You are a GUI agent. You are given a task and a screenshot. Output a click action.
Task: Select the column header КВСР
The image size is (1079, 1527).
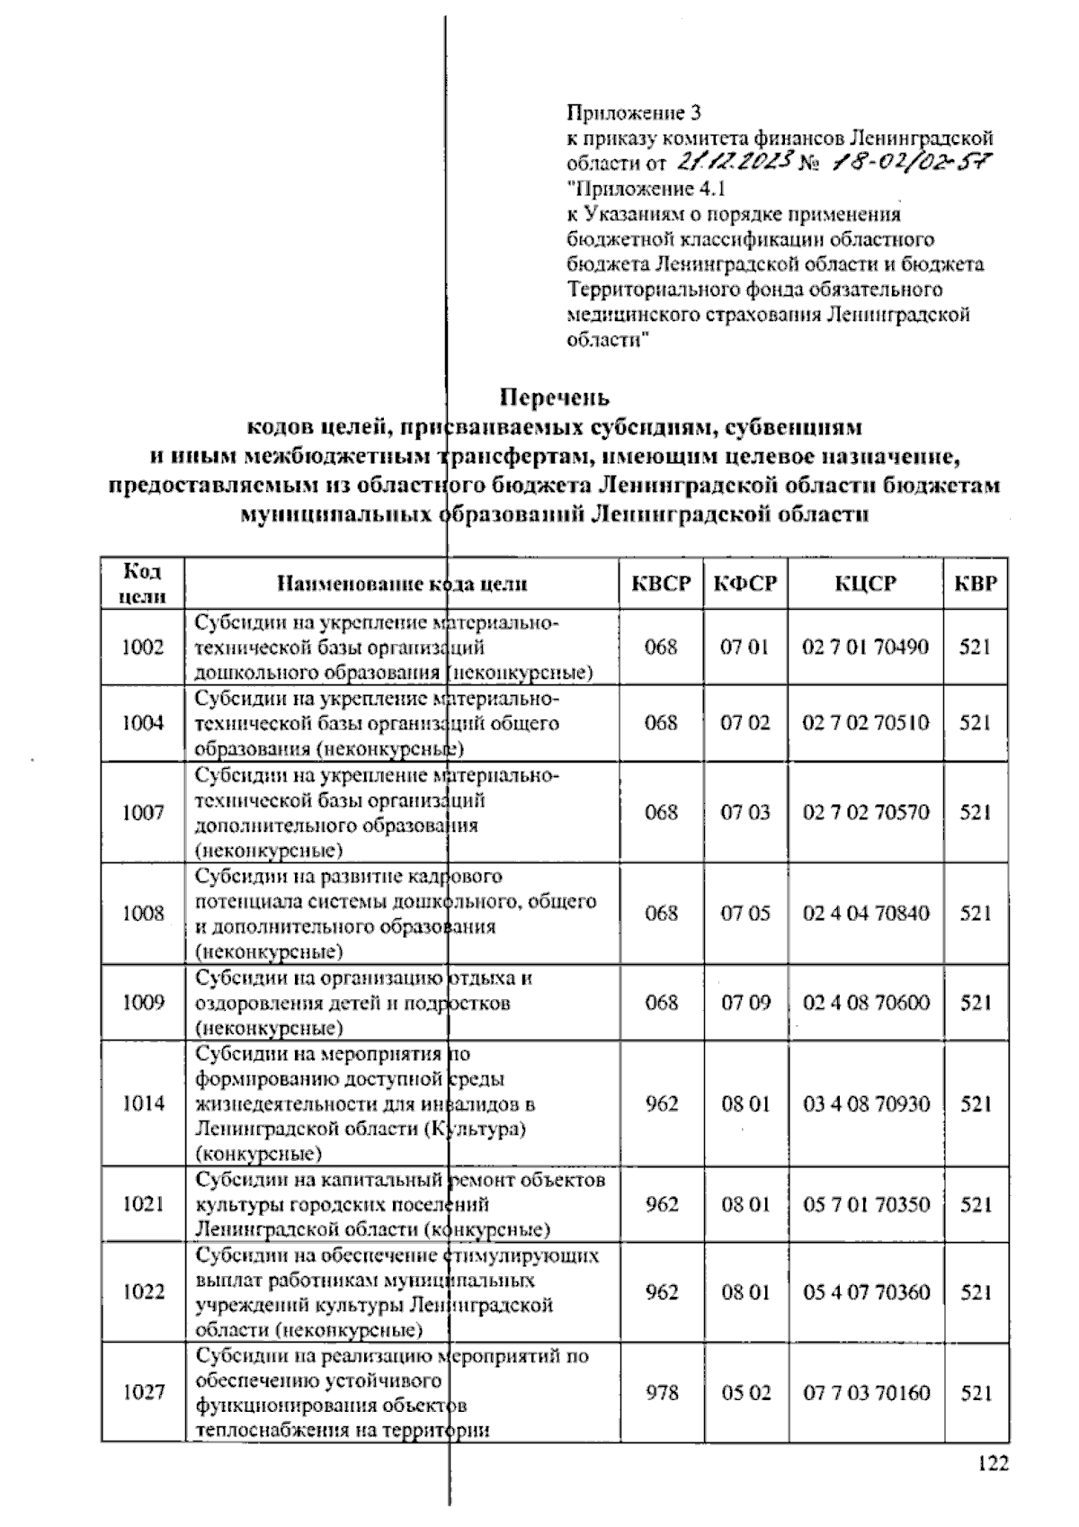coord(661,584)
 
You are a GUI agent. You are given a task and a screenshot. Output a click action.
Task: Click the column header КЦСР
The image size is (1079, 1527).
coord(866,584)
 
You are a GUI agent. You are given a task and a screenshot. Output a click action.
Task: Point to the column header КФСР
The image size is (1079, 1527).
coord(745,584)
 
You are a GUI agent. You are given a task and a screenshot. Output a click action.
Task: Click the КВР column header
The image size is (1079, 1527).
coord(976,584)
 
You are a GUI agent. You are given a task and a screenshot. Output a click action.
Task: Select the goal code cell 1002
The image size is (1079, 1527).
coord(143,647)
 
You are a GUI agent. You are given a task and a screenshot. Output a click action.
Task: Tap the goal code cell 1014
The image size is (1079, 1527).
coord(143,1103)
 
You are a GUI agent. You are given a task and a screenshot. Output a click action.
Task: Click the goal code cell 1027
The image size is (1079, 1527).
coord(143,1392)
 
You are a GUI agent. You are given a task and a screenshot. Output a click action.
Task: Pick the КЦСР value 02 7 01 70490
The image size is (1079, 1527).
coord(866,647)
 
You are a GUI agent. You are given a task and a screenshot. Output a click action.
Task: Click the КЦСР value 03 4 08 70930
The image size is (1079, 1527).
coord(866,1103)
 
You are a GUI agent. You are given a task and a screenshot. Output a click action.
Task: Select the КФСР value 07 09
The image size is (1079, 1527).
coord(745,1003)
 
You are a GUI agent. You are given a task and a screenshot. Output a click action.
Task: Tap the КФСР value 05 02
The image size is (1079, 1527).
coord(745,1392)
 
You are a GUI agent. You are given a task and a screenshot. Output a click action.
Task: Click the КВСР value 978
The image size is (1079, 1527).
coord(661,1392)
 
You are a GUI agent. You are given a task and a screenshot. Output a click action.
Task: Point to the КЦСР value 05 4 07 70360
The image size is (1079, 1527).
coord(866,1292)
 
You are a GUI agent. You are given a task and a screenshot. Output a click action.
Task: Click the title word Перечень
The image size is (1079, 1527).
coord(555,397)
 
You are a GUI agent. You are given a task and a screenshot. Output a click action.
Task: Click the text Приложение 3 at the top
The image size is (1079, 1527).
coord(633,113)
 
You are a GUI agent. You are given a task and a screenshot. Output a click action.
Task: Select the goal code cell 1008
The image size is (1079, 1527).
coord(143,914)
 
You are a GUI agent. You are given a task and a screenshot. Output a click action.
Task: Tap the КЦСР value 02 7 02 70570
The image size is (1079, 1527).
coord(866,812)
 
